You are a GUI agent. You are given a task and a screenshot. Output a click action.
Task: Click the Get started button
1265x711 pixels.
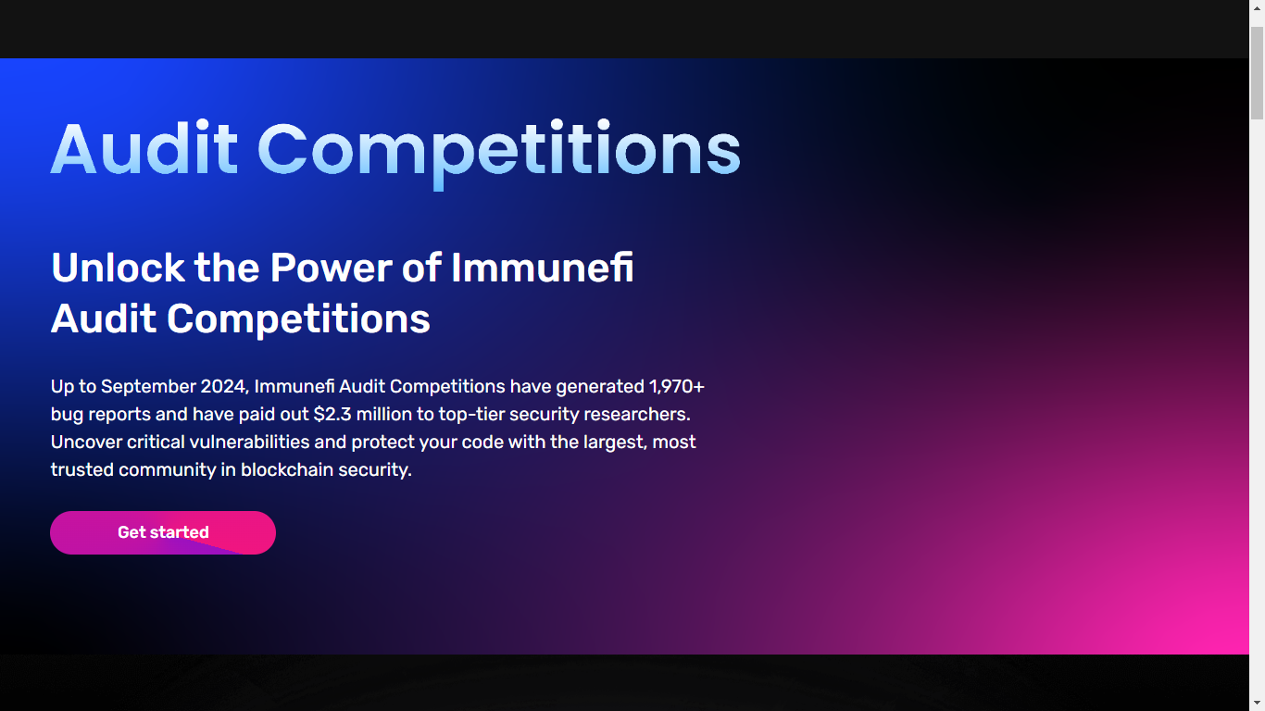pos(163,532)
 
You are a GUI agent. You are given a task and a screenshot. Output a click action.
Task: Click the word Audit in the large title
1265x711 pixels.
pos(144,149)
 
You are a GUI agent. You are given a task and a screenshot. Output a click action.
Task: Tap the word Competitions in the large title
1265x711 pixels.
pos(498,149)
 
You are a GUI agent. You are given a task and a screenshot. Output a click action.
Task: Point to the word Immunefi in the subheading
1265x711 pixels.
pos(542,268)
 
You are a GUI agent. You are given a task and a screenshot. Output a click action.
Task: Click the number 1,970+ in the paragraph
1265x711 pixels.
pos(677,386)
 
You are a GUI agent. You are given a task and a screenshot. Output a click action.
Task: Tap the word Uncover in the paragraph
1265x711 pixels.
pos(86,442)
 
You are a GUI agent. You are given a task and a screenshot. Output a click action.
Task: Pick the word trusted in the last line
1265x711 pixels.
pos(81,469)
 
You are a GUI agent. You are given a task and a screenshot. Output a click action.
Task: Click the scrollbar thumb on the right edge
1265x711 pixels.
pos(1257,74)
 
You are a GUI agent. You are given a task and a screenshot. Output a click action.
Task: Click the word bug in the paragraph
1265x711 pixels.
pos(66,414)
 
